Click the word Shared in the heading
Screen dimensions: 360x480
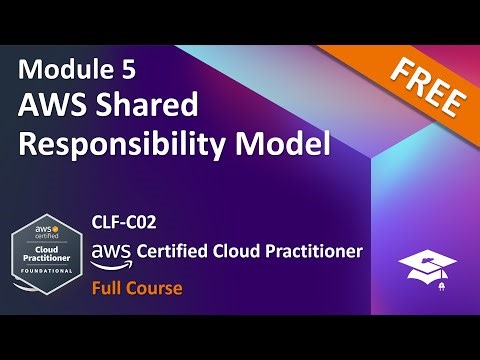(x=152, y=107)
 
